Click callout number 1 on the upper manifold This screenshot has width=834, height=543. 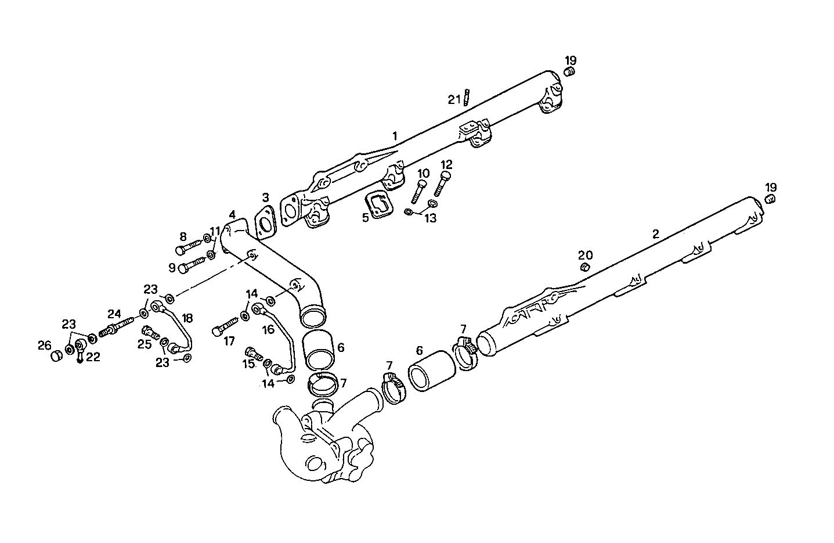(395, 136)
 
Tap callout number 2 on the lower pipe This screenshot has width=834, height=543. (655, 234)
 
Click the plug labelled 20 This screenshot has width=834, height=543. (586, 267)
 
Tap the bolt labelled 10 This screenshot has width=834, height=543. (420, 191)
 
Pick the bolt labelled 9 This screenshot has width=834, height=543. (192, 266)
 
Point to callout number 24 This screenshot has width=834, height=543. (114, 314)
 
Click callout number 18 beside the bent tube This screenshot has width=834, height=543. (187, 318)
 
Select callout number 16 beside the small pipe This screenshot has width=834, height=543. (268, 330)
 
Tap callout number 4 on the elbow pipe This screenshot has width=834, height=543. (232, 214)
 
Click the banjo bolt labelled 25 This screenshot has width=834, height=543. (151, 333)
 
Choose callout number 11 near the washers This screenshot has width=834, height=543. (215, 231)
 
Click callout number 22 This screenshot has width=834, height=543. (93, 357)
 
